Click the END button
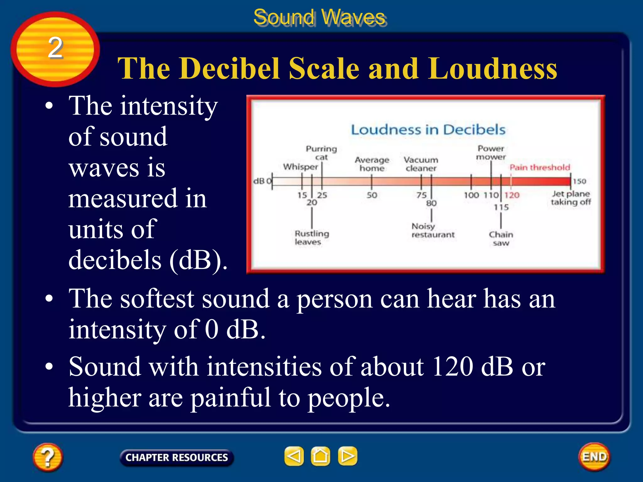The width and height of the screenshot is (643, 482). click(594, 457)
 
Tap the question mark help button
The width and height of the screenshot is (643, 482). click(47, 457)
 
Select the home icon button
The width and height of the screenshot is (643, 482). click(320, 456)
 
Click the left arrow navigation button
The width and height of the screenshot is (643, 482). click(294, 456)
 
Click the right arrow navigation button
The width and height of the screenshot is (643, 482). click(347, 456)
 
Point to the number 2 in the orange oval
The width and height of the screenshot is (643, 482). click(55, 48)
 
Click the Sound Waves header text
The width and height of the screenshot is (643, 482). click(320, 17)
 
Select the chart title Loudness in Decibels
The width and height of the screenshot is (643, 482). click(428, 130)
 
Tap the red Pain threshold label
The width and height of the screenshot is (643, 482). click(539, 168)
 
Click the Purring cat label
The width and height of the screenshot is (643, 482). click(321, 153)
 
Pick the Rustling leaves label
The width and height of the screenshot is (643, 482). click(311, 238)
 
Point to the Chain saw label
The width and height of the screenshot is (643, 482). click(501, 238)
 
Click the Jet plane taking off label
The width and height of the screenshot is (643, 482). click(571, 198)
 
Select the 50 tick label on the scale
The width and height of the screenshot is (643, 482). click(372, 195)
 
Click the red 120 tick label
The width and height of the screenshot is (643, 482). click(512, 195)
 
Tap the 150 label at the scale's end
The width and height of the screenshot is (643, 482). click(579, 181)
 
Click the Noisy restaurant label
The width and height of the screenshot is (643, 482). click(433, 230)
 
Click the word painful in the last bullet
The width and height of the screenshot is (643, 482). click(231, 398)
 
